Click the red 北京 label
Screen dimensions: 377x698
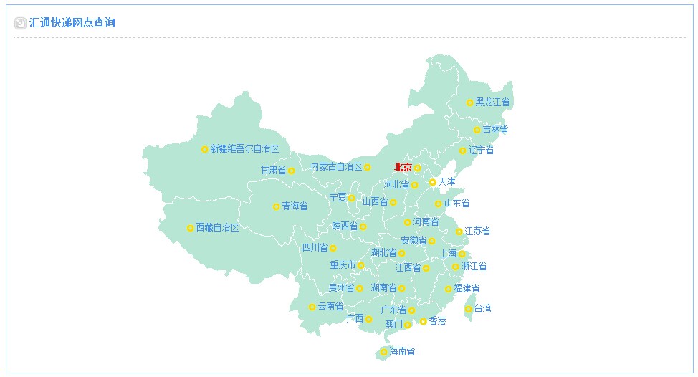point(403,168)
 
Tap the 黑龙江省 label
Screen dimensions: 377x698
point(492,102)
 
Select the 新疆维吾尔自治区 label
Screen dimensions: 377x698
point(244,149)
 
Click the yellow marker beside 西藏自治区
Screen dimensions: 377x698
point(190,228)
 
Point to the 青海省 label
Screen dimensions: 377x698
point(295,206)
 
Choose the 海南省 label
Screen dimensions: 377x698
point(402,352)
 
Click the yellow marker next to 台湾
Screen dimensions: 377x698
point(469,310)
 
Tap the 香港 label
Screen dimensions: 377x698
point(437,321)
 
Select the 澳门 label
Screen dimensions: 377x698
point(393,325)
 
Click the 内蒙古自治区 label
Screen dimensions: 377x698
point(336,167)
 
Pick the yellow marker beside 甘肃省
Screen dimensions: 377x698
point(292,171)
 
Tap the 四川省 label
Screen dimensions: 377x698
point(315,248)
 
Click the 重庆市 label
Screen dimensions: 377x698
point(343,265)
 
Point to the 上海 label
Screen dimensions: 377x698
point(448,254)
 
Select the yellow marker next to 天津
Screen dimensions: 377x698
point(433,182)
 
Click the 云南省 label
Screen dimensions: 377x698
point(330,307)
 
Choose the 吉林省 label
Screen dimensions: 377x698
point(495,130)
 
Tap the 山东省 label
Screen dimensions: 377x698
point(456,204)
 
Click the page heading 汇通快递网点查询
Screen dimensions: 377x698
point(72,23)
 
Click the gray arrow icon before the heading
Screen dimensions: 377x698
point(20,23)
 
